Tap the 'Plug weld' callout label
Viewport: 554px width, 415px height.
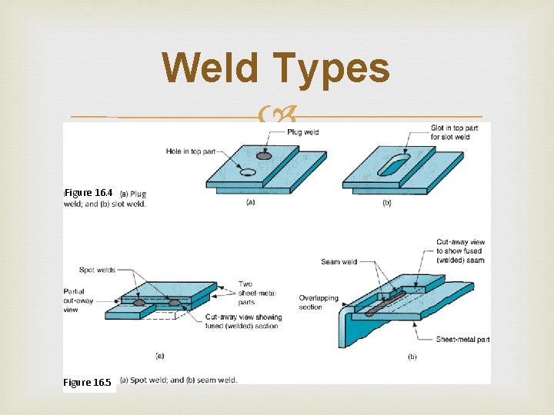click(302, 132)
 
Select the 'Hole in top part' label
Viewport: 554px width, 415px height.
click(192, 151)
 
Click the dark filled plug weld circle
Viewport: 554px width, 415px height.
click(264, 156)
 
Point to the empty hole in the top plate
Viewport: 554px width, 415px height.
click(247, 172)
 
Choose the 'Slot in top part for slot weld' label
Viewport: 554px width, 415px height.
click(455, 132)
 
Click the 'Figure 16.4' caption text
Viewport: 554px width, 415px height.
click(88, 192)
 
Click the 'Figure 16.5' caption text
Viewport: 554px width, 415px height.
click(88, 382)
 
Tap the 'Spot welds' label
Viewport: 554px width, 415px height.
click(98, 270)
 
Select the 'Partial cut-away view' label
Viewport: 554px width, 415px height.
click(80, 300)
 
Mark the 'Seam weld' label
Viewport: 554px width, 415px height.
click(339, 262)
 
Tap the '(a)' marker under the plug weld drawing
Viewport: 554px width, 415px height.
click(250, 202)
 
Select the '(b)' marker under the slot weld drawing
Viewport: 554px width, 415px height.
click(386, 202)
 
